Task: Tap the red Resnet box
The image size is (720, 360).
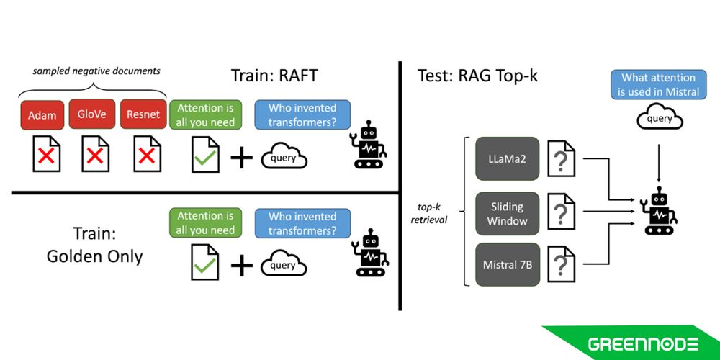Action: point(143,114)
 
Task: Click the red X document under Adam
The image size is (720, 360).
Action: point(47,155)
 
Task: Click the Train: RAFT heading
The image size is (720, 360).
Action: point(274,76)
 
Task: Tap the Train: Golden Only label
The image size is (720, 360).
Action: point(94,245)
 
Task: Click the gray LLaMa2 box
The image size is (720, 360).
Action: point(507,158)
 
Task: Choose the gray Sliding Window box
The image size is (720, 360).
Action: point(507,213)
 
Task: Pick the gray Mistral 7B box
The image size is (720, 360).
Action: point(507,265)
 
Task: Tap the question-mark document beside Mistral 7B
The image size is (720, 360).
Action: point(562,265)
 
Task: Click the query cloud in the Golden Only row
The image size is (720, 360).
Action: point(284,265)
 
